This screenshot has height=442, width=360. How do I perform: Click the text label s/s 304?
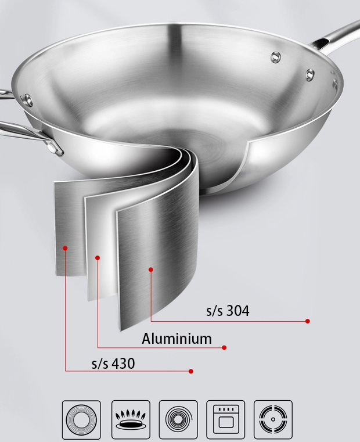coord(228,311)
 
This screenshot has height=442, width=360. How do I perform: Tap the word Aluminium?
coord(177,339)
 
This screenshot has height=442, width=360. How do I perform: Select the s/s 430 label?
coord(113,364)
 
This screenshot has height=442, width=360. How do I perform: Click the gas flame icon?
coord(131,419)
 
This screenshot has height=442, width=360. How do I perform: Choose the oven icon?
coord(226,419)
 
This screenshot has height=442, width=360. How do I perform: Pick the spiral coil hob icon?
coord(178,419)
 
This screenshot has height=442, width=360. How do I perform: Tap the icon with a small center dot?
coord(273,419)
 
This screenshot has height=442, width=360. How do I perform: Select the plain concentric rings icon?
coord(81,419)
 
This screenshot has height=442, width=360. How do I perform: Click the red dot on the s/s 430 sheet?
coord(65,248)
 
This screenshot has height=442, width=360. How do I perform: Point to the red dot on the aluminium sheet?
coord(98,258)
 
